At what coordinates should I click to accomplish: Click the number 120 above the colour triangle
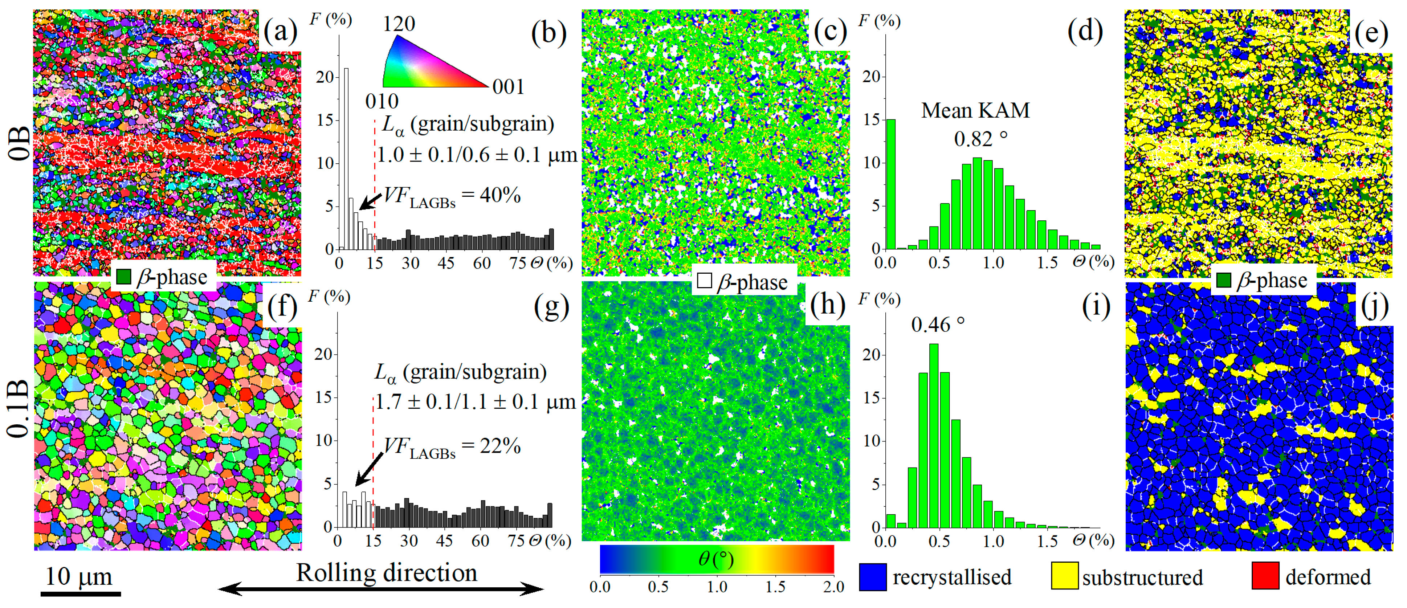(x=399, y=24)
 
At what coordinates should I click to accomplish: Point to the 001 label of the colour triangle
(x=508, y=86)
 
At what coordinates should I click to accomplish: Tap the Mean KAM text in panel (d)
(x=975, y=110)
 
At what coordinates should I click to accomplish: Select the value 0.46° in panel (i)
(x=937, y=325)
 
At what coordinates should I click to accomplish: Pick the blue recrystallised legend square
(x=873, y=576)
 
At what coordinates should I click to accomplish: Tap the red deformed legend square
(x=1265, y=576)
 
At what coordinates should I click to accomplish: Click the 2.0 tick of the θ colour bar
(x=833, y=587)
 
